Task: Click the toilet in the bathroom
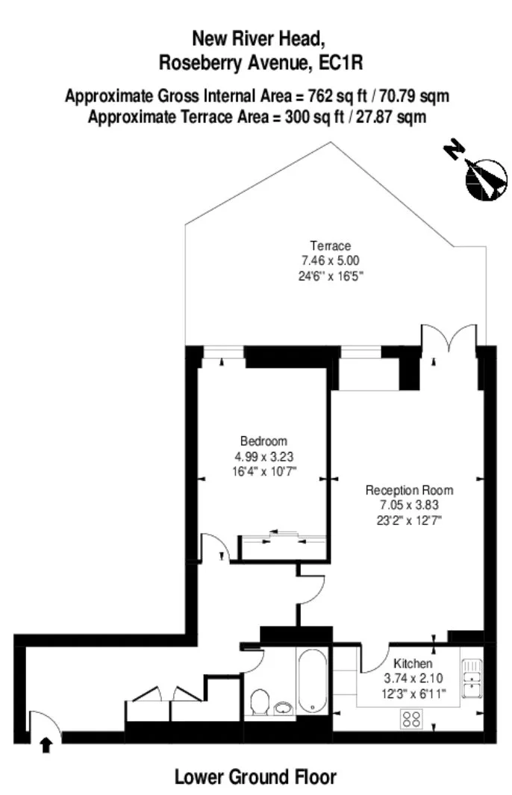click(259, 701)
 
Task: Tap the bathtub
click(311, 681)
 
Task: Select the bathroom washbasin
click(284, 708)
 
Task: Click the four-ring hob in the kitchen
click(411, 718)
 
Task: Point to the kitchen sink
click(472, 679)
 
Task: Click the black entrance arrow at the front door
click(46, 745)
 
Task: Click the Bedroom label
click(263, 441)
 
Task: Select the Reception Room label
click(409, 490)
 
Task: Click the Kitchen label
click(413, 663)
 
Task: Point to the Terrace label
click(331, 246)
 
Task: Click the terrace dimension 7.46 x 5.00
click(331, 260)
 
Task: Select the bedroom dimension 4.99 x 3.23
click(264, 456)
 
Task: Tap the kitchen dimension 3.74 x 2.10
click(413, 678)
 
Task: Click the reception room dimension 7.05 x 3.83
click(409, 505)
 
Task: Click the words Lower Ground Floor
click(255, 777)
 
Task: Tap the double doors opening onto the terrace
click(449, 338)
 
